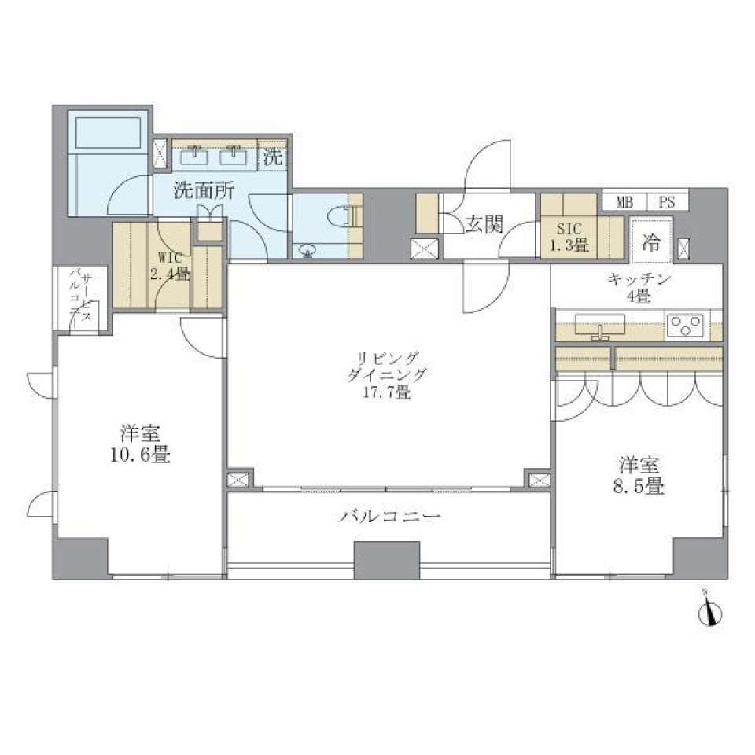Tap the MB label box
pos(624,201)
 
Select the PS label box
pos(667,201)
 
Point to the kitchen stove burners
pos(686,325)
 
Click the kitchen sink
pos(600,325)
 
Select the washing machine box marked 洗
pos(272,156)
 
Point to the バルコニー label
pos(390,517)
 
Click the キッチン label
pos(638,278)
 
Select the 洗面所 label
pos(201,190)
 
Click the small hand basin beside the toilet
pos(307,251)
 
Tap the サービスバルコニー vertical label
pos(83,296)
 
